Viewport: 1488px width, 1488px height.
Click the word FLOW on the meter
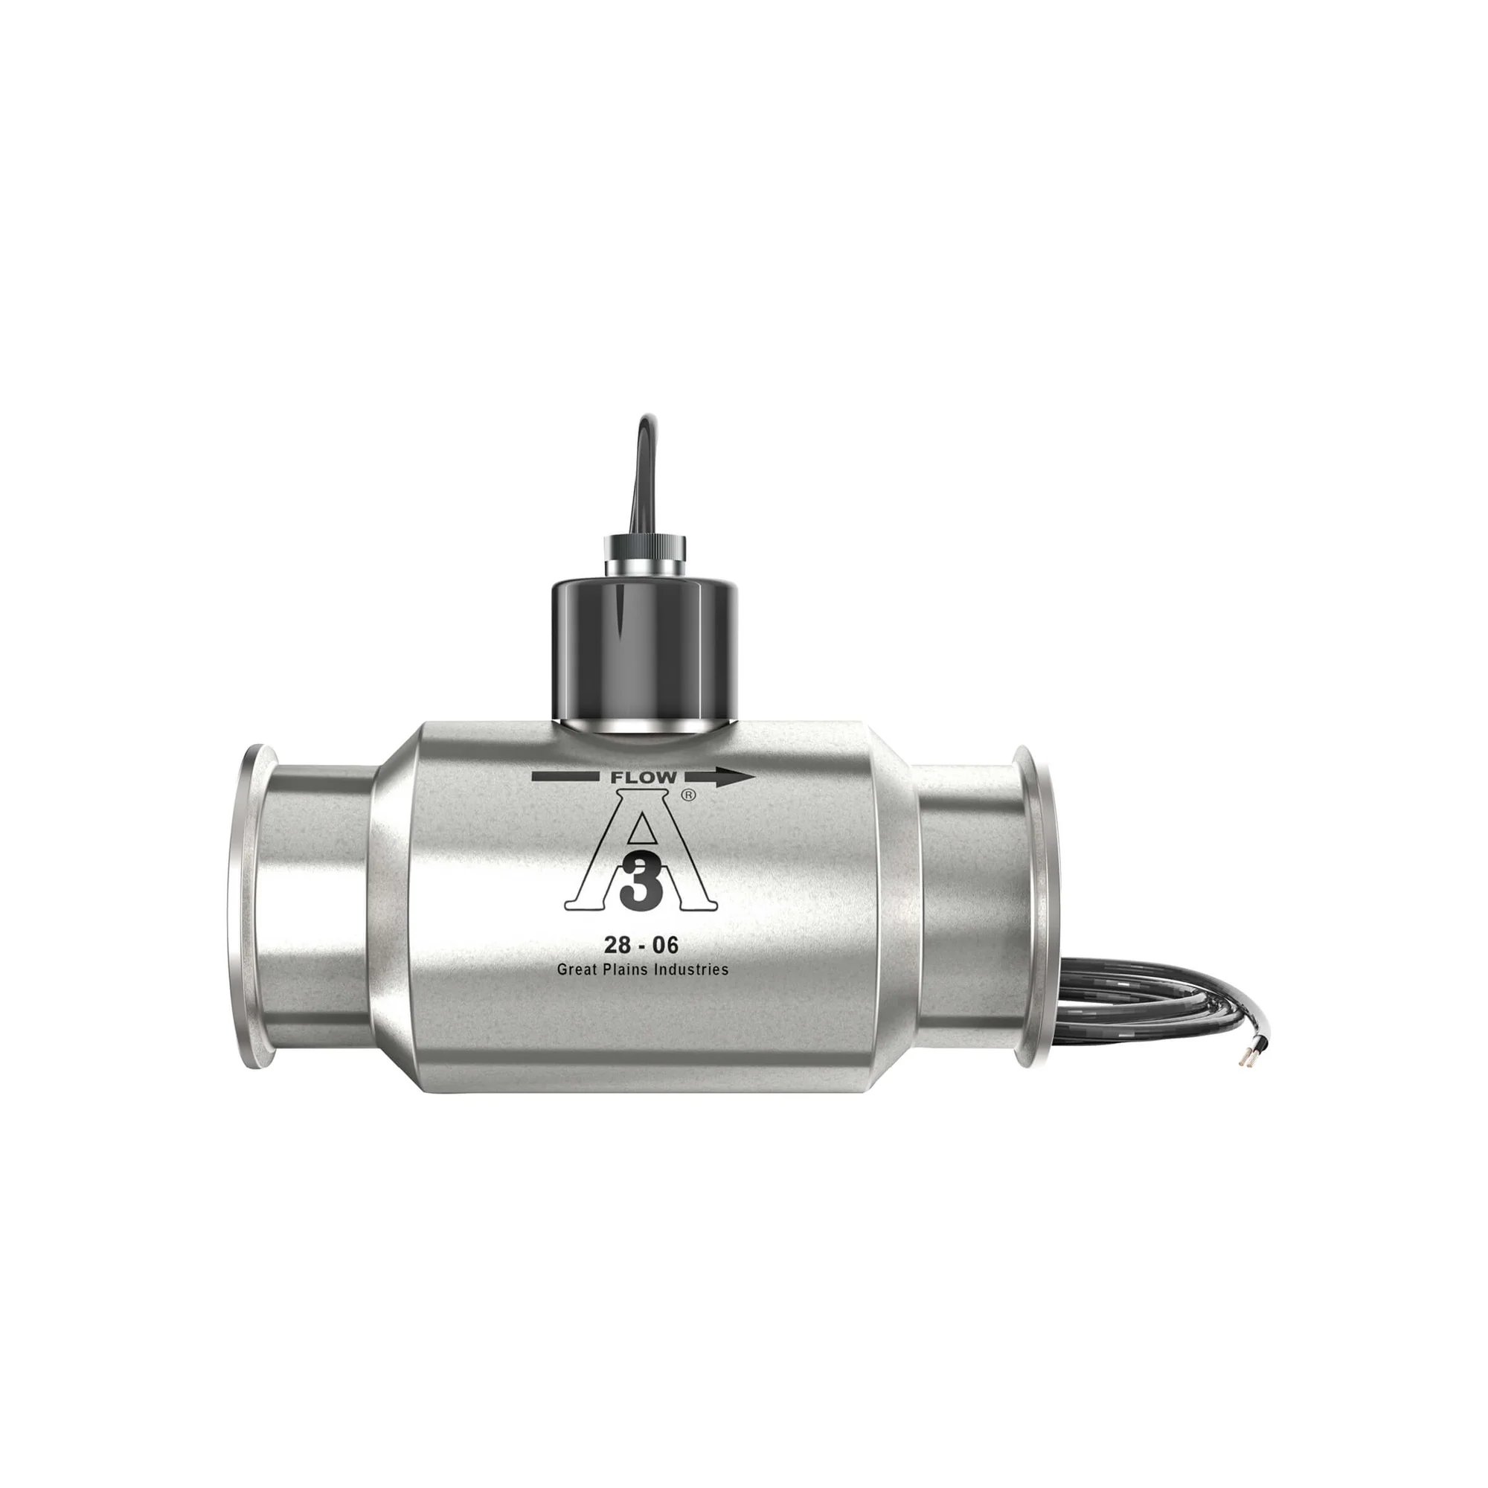click(643, 778)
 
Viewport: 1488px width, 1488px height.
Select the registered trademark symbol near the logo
click(688, 798)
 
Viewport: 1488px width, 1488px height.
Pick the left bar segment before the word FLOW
click(566, 779)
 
